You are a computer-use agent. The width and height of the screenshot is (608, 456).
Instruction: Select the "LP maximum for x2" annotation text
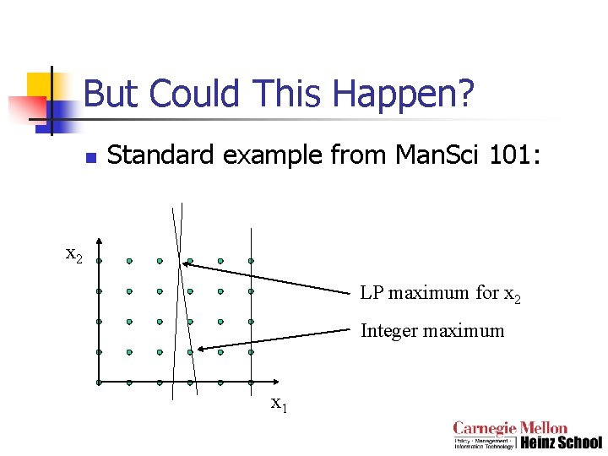point(440,294)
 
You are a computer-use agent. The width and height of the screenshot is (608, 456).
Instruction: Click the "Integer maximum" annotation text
point(432,331)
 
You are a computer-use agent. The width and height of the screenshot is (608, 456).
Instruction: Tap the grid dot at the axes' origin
point(99,383)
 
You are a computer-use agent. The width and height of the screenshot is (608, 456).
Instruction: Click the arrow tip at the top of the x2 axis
point(99,240)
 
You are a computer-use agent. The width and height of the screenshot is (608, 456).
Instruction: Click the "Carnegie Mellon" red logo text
point(510,428)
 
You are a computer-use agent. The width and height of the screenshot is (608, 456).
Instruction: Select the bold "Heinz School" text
point(561,442)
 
